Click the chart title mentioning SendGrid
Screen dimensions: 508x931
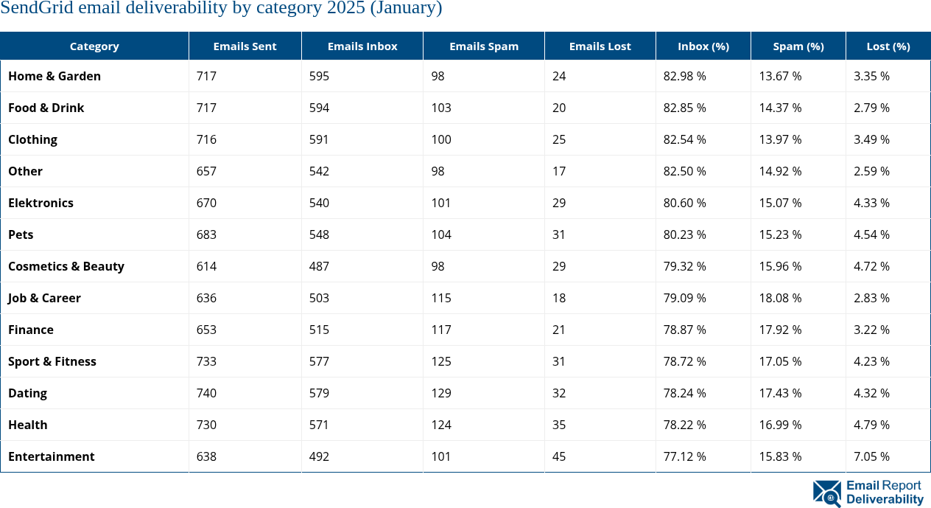(221, 9)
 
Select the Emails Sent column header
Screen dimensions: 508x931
(245, 46)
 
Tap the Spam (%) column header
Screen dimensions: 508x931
(798, 46)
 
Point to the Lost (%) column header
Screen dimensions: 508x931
(888, 46)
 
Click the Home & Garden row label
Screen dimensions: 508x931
(55, 76)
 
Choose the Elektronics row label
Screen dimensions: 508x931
(41, 203)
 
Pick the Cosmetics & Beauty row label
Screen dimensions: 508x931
(66, 266)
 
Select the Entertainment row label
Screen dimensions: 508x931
(51, 456)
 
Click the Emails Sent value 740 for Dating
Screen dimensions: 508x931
(206, 393)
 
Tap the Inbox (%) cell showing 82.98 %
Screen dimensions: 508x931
(684, 76)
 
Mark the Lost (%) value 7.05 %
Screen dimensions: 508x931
(871, 456)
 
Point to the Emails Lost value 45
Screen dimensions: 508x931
(559, 456)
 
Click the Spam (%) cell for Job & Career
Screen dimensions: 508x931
(780, 298)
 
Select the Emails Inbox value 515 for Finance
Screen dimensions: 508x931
(319, 330)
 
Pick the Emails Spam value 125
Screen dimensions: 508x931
(441, 361)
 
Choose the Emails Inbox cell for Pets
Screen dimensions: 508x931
(319, 234)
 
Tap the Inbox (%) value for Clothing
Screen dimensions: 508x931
(684, 139)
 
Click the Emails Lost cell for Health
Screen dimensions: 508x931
(559, 425)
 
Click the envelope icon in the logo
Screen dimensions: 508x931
(826, 493)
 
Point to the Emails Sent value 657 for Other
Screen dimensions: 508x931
(206, 171)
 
